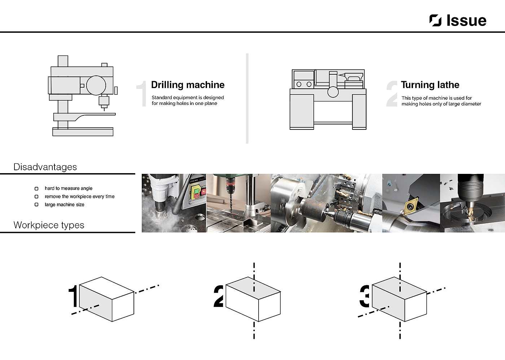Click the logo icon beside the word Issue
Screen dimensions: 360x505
click(435, 21)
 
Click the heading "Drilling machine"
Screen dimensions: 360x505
click(188, 85)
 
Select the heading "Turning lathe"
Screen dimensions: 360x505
click(430, 85)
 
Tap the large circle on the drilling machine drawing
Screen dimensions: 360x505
click(96, 85)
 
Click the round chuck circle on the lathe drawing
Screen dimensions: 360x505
click(333, 92)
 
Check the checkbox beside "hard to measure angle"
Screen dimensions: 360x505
click(36, 189)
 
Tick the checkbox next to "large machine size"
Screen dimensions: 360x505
click(36, 205)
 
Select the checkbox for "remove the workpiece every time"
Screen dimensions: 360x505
click(36, 197)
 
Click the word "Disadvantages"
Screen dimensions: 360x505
click(45, 167)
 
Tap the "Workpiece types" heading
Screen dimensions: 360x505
click(49, 225)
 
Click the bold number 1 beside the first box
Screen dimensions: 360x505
click(73, 296)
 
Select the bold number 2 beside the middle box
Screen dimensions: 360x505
click(219, 296)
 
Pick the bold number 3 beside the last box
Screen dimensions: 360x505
click(365, 296)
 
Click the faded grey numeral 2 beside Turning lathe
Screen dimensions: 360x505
click(392, 94)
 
